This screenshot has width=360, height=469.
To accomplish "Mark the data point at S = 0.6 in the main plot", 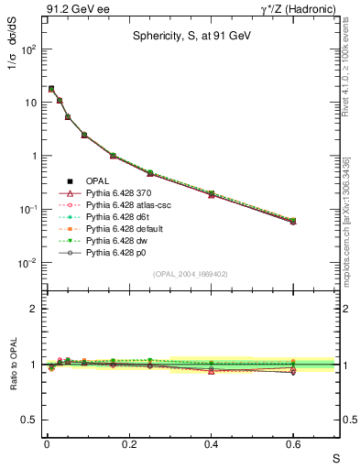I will click(293, 221).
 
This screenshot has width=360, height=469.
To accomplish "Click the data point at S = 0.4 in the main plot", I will click(211, 194).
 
